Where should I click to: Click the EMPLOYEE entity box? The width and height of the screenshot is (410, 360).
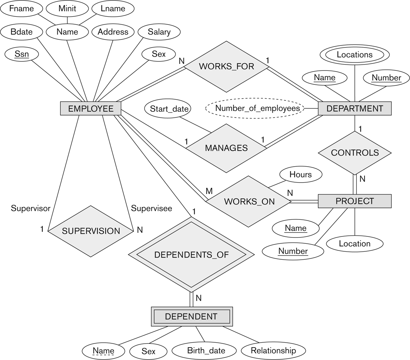91,109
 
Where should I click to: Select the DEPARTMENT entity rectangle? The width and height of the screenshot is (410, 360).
354,108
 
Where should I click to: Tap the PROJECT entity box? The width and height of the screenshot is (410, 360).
354,201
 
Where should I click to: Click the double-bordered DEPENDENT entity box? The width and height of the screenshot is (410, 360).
191,316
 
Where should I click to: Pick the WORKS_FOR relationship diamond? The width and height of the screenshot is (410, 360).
226,66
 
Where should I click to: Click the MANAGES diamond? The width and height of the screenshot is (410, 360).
226,148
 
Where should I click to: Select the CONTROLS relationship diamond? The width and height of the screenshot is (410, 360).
354,153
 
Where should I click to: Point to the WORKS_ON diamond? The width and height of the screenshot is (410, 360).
249,201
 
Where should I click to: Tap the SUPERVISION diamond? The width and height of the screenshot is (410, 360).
91,231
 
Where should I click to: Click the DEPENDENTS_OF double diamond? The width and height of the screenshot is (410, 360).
191,255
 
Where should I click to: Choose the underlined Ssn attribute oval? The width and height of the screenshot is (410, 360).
22,54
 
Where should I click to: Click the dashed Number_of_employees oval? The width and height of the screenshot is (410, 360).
257,108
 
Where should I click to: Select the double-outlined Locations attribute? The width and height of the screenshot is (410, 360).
354,55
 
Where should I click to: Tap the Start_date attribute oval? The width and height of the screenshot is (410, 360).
169,109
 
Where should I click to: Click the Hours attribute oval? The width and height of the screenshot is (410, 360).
300,174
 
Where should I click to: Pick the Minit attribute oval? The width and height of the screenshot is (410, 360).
67,9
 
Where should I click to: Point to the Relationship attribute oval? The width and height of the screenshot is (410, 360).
273,351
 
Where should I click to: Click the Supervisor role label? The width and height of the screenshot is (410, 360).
31,208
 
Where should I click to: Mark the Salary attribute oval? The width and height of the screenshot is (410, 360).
159,32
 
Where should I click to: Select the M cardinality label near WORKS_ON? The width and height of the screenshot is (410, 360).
209,191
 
